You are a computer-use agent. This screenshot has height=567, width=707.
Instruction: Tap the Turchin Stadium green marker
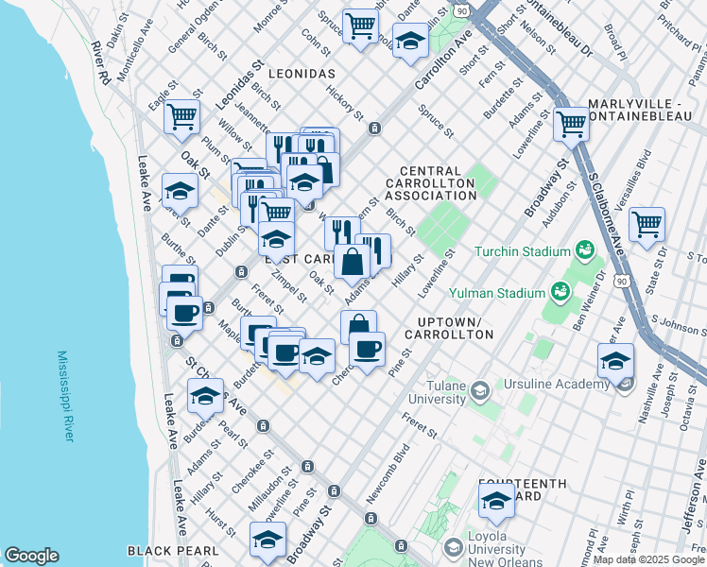click(585, 250)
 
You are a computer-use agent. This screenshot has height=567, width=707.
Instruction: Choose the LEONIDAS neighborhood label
click(302, 73)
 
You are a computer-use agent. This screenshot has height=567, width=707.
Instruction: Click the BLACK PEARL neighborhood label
click(173, 550)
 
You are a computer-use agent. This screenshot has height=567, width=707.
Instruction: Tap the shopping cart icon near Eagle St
click(181, 117)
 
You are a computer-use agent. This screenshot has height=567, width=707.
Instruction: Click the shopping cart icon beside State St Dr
click(647, 225)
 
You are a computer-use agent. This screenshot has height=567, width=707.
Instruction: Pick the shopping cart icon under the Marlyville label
click(572, 123)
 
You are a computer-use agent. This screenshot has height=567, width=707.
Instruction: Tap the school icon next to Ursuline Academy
click(615, 360)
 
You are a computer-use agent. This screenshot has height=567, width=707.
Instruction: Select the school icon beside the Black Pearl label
click(267, 539)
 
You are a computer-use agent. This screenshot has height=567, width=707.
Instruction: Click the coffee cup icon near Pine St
click(367, 348)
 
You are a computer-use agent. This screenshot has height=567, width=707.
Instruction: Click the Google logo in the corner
click(31, 556)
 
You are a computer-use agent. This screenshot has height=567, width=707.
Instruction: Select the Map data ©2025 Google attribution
click(648, 559)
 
